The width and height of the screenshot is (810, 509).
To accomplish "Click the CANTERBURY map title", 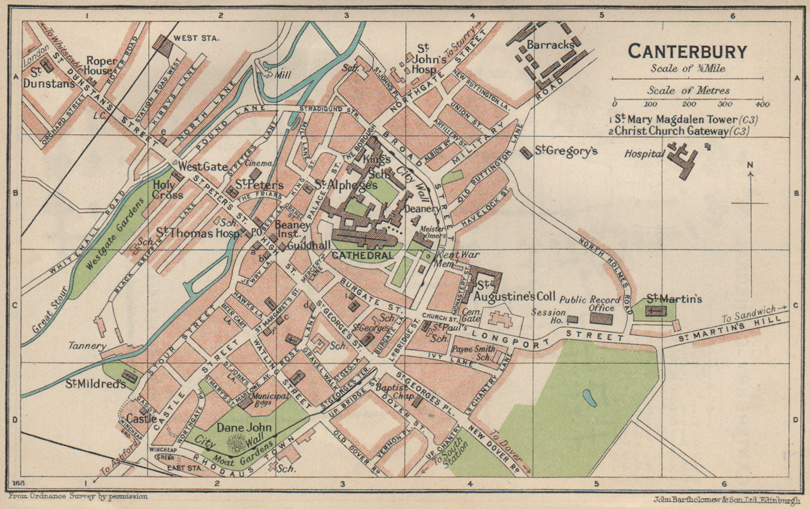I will pyautogui.click(x=687, y=52).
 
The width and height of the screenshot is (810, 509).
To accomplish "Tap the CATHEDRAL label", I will pyautogui.click(x=362, y=255).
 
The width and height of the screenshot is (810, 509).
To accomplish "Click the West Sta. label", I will pyautogui.click(x=195, y=38).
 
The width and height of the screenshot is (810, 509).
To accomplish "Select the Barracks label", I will pyautogui.click(x=550, y=45).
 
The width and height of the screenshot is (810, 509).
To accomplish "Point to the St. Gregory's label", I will pyautogui.click(x=566, y=151).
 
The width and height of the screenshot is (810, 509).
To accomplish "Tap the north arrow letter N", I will pyautogui.click(x=750, y=165).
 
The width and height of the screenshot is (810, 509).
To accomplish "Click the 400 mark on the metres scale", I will pyautogui.click(x=762, y=104).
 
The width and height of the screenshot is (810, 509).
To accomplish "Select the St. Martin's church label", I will pyautogui.click(x=674, y=299).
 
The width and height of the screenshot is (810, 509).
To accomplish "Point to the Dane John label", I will pyautogui.click(x=244, y=428).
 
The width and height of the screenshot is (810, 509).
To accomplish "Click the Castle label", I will pyautogui.click(x=141, y=419).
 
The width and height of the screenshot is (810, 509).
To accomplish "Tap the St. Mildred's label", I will pyautogui.click(x=95, y=384).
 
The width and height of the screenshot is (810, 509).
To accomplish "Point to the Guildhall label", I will pyautogui.click(x=308, y=245).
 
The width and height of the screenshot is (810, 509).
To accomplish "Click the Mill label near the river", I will pyautogui.click(x=282, y=75).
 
